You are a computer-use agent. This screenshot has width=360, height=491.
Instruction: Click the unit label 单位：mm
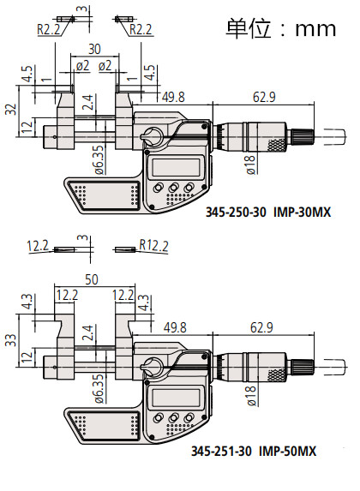point(281,28)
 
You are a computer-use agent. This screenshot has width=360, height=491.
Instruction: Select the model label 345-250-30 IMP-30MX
point(268,213)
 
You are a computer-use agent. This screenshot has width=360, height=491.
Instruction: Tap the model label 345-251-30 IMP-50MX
point(254,452)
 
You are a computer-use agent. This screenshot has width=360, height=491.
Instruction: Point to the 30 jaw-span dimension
point(94,49)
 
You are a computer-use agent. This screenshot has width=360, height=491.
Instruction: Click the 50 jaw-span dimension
point(92,279)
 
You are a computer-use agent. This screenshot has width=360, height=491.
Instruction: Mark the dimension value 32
point(11,110)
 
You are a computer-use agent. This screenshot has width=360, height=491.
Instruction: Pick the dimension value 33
point(11,340)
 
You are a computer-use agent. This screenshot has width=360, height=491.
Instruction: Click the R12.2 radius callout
point(153,245)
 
